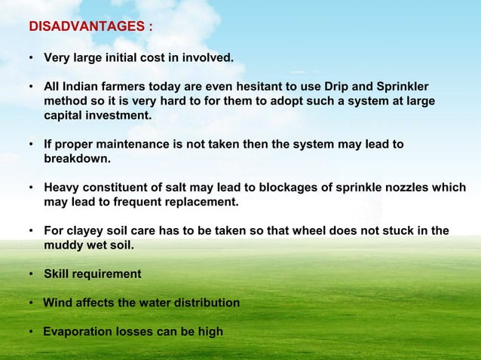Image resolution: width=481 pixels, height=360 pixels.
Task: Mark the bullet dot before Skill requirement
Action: (x=32, y=274)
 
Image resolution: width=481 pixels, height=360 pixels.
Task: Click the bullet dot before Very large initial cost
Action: (x=32, y=57)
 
